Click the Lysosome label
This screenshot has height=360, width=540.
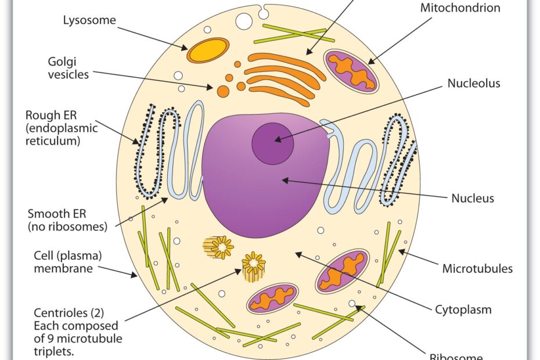pyautogui.click(x=89, y=20)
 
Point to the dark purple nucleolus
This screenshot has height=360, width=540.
pyautogui.click(x=272, y=142)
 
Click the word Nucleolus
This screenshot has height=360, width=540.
pyautogui.click(x=473, y=83)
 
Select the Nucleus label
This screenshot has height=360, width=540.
pyautogui.click(x=473, y=198)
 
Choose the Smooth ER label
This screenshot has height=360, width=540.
pyautogui.click(x=67, y=220)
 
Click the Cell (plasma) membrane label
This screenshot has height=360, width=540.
pyautogui.click(x=62, y=262)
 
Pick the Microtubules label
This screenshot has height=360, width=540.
pyautogui.click(x=477, y=268)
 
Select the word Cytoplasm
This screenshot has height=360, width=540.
pyautogui.click(x=463, y=309)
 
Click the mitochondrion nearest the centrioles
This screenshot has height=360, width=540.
pyautogui.click(x=273, y=298)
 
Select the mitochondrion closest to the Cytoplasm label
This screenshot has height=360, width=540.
pyautogui.click(x=343, y=270)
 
